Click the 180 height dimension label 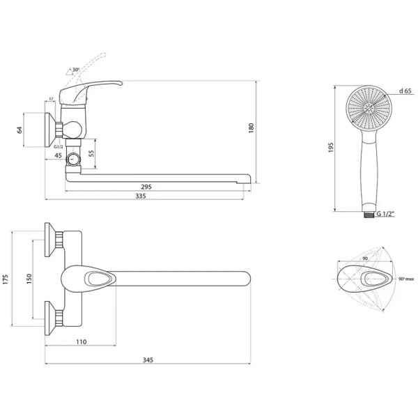251,128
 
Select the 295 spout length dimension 146,187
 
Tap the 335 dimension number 141,196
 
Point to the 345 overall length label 148,360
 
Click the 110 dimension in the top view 81,342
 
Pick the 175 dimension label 6,279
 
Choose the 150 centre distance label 29,279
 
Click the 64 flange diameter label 20,130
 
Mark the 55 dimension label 91,153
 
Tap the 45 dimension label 58,155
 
